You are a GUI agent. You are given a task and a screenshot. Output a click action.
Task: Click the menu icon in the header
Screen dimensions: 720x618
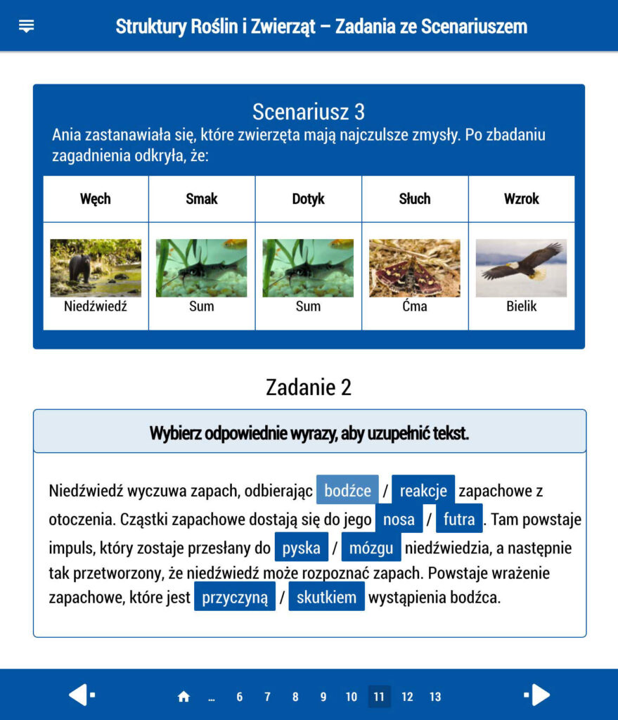pyautogui.click(x=27, y=27)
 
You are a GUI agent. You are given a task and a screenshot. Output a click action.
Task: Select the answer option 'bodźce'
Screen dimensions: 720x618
pyautogui.click(x=347, y=491)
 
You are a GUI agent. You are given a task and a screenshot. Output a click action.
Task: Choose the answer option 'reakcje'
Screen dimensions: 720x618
pyautogui.click(x=423, y=491)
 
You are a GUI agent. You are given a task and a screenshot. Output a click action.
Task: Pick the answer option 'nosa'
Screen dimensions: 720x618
pyautogui.click(x=399, y=520)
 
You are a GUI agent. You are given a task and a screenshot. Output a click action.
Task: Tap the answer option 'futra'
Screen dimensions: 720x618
pyautogui.click(x=459, y=520)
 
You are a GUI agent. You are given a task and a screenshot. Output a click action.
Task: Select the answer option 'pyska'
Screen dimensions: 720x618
pyautogui.click(x=301, y=548)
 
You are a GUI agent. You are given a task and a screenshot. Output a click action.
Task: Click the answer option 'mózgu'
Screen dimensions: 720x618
pyautogui.click(x=371, y=548)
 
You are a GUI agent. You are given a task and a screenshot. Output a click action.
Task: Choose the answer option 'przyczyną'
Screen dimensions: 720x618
pyautogui.click(x=235, y=598)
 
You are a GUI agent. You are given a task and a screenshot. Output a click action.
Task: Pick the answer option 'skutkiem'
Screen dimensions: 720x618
pyautogui.click(x=326, y=598)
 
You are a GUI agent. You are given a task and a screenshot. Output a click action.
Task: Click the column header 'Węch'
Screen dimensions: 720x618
pyautogui.click(x=96, y=199)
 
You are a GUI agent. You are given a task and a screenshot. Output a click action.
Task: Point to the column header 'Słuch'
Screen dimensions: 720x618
pyautogui.click(x=415, y=199)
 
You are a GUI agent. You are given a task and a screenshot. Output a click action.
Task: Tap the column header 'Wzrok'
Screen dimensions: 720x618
pyautogui.click(x=522, y=199)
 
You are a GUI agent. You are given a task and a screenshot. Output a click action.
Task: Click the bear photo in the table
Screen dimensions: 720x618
pyautogui.click(x=96, y=268)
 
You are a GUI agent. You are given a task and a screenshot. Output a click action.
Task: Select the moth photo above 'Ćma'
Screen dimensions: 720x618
pyautogui.click(x=415, y=268)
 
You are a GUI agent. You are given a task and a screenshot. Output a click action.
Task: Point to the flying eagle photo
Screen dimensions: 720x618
pyautogui.click(x=522, y=268)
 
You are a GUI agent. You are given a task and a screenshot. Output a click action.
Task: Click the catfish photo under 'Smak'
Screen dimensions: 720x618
pyautogui.click(x=202, y=268)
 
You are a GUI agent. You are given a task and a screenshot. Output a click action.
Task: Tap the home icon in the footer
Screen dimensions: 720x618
pyautogui.click(x=184, y=697)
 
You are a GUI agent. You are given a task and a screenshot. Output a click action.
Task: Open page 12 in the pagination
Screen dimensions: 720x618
pyautogui.click(x=407, y=697)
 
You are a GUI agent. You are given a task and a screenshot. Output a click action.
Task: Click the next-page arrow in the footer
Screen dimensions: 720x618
pyautogui.click(x=538, y=695)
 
